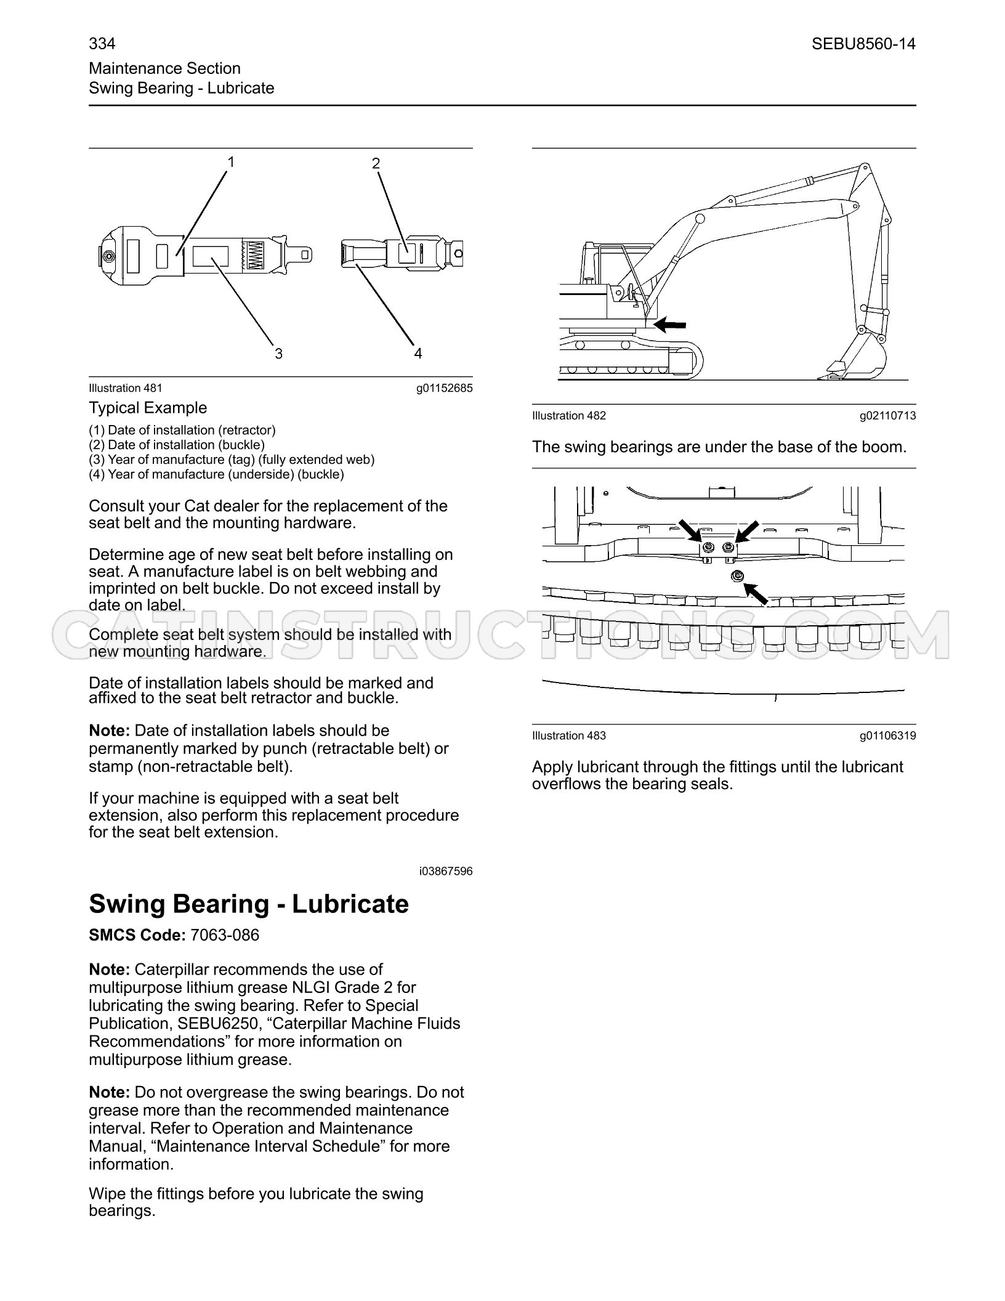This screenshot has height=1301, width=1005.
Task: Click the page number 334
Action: click(102, 44)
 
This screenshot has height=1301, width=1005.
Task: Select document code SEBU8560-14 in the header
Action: click(863, 44)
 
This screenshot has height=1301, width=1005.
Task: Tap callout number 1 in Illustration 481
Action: click(231, 162)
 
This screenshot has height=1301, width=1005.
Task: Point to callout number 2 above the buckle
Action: click(376, 163)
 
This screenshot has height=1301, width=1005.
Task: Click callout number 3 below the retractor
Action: click(278, 354)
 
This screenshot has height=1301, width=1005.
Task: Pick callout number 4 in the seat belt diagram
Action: click(418, 354)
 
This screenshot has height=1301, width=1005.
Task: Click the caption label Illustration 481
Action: click(126, 388)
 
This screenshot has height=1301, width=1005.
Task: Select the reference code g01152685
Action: click(445, 388)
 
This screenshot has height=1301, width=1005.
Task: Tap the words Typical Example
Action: click(148, 408)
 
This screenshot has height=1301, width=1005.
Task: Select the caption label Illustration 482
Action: click(569, 416)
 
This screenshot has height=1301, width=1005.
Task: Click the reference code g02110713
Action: click(888, 416)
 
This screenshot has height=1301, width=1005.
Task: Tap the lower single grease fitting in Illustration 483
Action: click(737, 576)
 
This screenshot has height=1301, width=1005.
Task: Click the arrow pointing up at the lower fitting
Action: click(756, 594)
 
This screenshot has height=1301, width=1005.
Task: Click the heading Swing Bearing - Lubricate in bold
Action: click(249, 904)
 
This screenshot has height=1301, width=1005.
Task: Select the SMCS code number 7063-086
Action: click(225, 935)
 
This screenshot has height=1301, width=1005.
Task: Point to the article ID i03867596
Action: click(446, 871)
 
